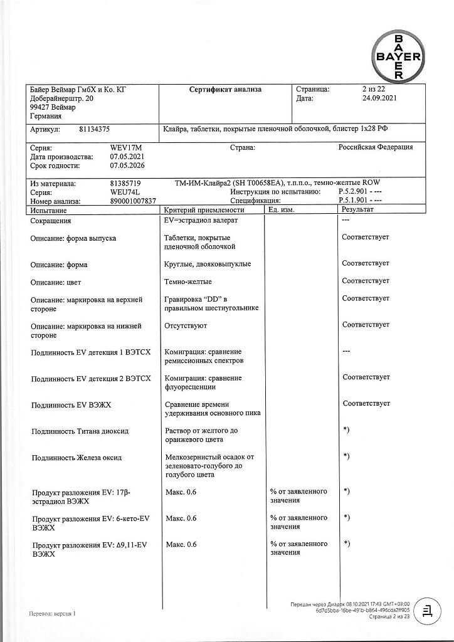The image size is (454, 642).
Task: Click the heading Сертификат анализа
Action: tap(226, 90)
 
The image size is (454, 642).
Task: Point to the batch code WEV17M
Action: tap(126, 147)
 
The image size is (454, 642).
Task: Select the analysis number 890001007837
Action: tap(134, 201)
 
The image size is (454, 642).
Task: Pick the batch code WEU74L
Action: tap(125, 192)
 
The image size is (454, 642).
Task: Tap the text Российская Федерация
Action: tap(376, 147)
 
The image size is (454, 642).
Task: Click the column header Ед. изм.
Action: tap(282, 210)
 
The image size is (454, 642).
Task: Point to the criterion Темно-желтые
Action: tap(187, 282)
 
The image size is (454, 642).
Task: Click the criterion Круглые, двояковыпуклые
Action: tap(208, 264)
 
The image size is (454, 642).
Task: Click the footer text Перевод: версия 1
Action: tap(52, 614)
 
